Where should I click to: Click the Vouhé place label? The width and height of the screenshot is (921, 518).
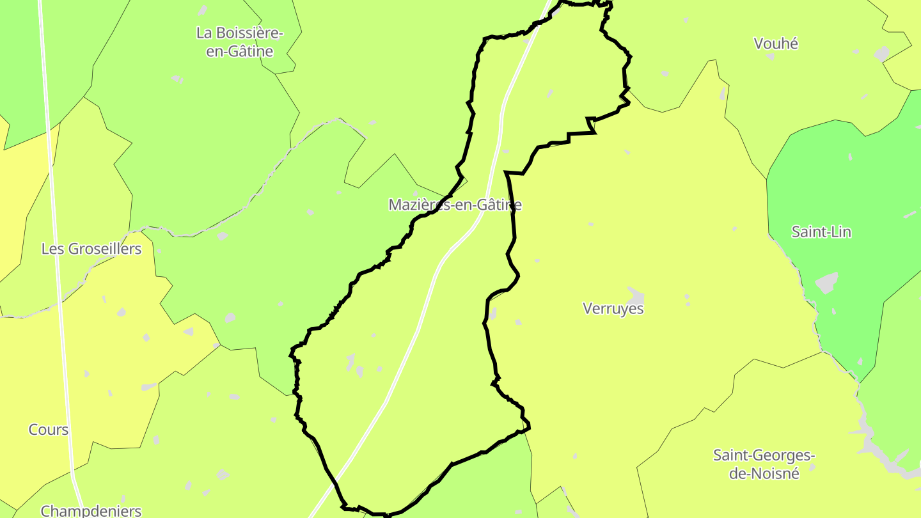[776, 43]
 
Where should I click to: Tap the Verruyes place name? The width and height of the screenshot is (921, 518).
[613, 308]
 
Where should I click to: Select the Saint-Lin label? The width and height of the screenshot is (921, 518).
[821, 232]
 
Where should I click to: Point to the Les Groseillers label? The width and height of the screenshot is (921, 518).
[91, 249]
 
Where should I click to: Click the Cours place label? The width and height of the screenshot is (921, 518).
[49, 430]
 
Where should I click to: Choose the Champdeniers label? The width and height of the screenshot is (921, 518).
[91, 510]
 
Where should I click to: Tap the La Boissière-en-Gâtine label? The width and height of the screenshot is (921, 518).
[239, 42]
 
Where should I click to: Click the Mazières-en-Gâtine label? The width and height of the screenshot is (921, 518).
[455, 205]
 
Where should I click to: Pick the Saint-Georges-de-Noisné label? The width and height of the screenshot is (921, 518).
[764, 464]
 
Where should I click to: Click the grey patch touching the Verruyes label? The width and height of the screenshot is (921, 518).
[636, 295]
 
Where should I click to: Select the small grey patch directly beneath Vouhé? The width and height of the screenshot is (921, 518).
[771, 57]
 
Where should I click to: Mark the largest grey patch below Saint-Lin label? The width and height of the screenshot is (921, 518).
[826, 282]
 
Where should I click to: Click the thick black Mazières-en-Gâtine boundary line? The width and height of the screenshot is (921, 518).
[512, 211]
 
